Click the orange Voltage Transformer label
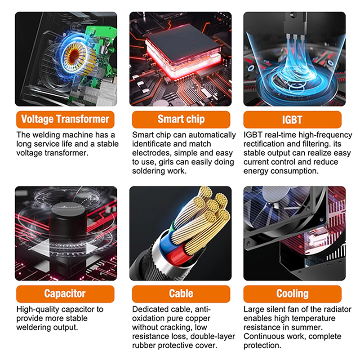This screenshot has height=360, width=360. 65,120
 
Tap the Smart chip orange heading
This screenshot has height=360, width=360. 181,120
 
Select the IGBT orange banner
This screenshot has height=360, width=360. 292,120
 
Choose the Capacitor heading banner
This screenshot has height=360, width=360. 65,294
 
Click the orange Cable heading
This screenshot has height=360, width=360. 181,294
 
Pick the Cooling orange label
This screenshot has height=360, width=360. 292,294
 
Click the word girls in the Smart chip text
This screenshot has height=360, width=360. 168,162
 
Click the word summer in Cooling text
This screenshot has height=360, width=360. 308,327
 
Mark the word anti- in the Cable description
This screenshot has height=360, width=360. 203,310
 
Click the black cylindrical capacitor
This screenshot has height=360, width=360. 68,227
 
